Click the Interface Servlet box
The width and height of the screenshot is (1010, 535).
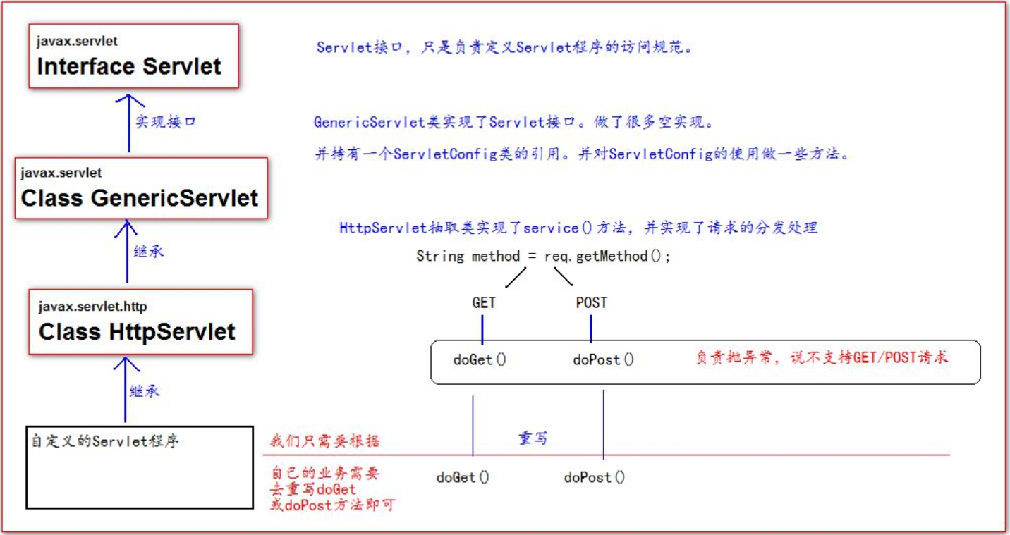click(134, 56)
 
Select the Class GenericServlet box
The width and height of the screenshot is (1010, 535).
click(141, 188)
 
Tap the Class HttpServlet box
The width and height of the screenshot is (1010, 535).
click(140, 321)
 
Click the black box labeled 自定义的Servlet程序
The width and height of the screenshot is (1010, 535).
click(140, 467)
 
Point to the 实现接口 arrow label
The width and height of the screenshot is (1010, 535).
click(165, 121)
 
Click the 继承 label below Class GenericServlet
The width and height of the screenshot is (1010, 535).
click(148, 251)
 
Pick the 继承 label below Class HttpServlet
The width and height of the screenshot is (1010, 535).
click(145, 391)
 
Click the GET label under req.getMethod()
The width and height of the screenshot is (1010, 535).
click(483, 303)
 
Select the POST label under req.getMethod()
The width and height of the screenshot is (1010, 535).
click(591, 303)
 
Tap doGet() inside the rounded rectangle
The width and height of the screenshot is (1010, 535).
click(480, 359)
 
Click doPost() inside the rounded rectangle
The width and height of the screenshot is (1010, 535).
click(603, 359)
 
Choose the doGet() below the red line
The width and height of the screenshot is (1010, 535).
click(463, 477)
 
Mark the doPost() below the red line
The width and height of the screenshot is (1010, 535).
click(594, 477)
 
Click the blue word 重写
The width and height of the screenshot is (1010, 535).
click(533, 438)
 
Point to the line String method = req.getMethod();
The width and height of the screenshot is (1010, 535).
click(543, 256)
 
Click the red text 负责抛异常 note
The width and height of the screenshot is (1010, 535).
click(822, 357)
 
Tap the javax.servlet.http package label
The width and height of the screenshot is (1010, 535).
click(93, 307)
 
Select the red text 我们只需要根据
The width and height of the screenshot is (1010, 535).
click(325, 441)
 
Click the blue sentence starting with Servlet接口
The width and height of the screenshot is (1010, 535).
click(504, 48)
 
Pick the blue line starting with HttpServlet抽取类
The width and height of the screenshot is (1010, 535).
click(578, 228)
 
